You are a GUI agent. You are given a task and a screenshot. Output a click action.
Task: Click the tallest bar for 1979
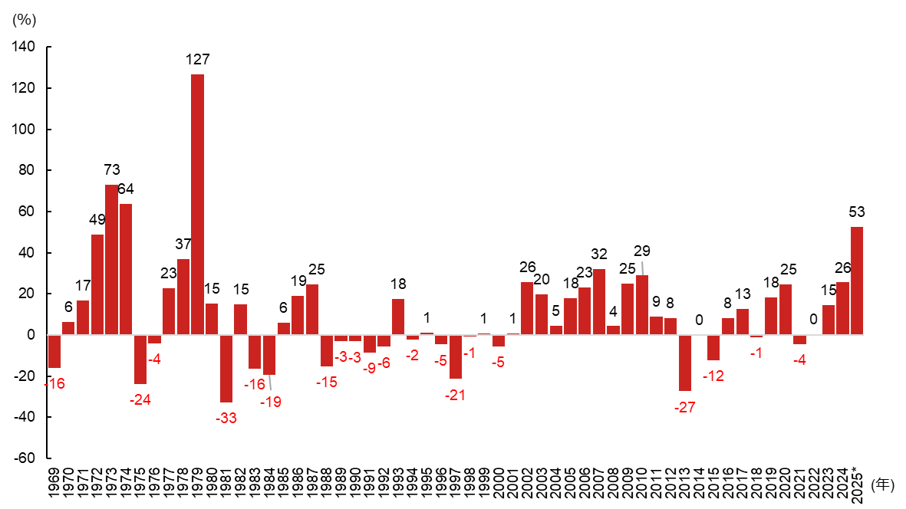(x=197, y=205)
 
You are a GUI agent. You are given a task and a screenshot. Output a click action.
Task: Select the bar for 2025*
(x=857, y=281)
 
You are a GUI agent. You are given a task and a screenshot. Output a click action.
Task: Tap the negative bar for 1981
(x=226, y=369)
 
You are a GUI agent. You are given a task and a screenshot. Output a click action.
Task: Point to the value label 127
(x=197, y=59)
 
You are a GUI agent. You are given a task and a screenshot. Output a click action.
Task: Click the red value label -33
(x=226, y=418)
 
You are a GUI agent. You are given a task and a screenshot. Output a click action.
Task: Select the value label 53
(x=857, y=212)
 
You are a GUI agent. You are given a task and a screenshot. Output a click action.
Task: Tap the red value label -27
(x=684, y=407)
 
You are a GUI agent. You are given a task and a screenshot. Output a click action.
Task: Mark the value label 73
(x=112, y=170)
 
